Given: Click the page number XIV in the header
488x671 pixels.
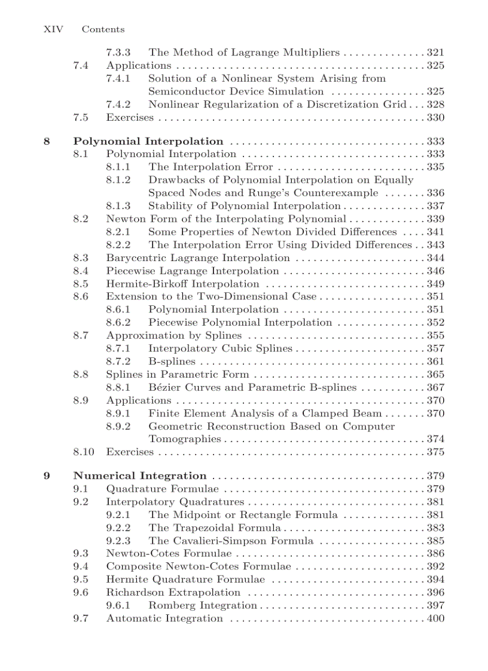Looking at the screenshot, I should click(x=54, y=29).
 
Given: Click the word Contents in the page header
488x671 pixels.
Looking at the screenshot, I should click(x=103, y=29).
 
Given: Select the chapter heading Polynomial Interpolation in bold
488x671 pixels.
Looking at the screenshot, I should click(x=148, y=142).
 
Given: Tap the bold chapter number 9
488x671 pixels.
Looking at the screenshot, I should click(x=47, y=476).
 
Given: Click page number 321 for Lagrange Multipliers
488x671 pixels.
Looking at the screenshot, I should click(x=435, y=53).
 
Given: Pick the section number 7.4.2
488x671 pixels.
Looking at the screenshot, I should click(x=118, y=105).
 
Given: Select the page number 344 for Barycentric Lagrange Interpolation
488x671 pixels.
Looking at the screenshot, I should click(x=435, y=258).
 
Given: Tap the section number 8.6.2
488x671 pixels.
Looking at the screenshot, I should click(x=118, y=323).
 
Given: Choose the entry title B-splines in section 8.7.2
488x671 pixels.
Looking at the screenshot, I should click(x=172, y=361).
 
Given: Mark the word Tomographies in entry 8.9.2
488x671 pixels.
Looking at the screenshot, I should click(x=184, y=439).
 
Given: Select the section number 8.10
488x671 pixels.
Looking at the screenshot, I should click(x=84, y=452).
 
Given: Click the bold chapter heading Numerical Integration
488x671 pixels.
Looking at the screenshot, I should click(x=140, y=476).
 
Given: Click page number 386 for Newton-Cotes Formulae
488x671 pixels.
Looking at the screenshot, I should click(x=435, y=554).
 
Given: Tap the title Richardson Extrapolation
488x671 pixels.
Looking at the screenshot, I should click(x=173, y=593).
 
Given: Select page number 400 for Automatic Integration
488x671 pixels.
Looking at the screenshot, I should click(x=435, y=618).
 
